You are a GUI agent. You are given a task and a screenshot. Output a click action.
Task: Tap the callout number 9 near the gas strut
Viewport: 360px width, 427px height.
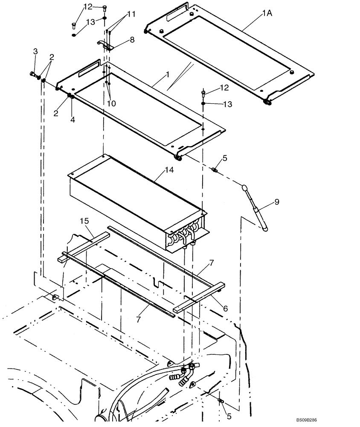tap(276, 202)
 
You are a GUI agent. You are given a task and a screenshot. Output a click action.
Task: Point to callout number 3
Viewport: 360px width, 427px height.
tap(35, 51)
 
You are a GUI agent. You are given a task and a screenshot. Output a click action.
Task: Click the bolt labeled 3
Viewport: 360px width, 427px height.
tap(33, 75)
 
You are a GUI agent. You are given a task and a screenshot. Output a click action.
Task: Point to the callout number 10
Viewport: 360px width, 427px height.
tap(112, 103)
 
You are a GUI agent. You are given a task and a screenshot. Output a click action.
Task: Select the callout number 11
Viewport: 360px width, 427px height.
tap(131, 14)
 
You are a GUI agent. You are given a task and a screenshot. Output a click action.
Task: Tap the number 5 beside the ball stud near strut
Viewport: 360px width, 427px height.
tap(224, 158)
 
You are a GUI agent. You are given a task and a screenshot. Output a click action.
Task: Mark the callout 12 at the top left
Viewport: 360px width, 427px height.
tap(87, 6)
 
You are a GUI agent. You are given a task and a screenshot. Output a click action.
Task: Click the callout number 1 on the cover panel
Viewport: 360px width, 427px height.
tap(168, 74)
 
